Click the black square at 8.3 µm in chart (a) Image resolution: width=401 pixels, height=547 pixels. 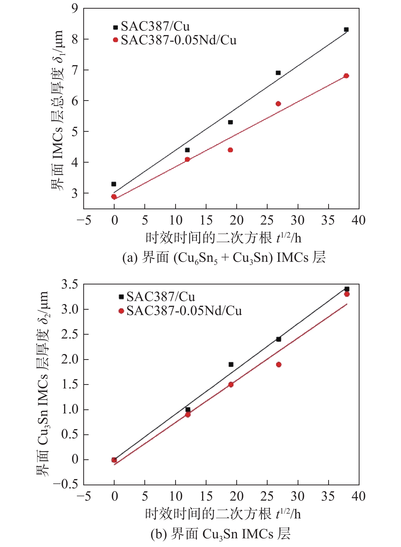click(x=346, y=30)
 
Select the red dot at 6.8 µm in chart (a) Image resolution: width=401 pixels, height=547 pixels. click(x=346, y=76)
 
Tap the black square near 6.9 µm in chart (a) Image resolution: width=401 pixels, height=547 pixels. click(x=278, y=73)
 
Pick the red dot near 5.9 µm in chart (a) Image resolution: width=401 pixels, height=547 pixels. click(x=278, y=104)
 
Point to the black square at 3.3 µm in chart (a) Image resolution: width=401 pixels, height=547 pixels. click(x=114, y=184)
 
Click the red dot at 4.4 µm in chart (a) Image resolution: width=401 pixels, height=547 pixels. click(x=230, y=150)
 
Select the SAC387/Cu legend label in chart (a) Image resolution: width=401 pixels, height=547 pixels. click(x=155, y=26)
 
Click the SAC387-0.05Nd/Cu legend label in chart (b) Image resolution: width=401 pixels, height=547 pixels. click(x=184, y=311)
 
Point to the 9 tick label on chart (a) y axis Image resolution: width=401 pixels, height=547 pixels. click(x=75, y=8)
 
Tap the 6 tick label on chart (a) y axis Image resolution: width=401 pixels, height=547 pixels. click(x=75, y=101)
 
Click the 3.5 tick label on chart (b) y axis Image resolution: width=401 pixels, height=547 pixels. click(x=70, y=284)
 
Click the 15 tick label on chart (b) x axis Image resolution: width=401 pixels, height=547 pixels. click(x=206, y=496)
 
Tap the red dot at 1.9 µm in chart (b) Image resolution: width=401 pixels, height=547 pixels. click(x=279, y=364)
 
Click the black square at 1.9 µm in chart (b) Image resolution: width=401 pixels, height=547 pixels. click(x=231, y=364)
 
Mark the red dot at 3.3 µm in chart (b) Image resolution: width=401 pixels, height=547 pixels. click(x=347, y=294)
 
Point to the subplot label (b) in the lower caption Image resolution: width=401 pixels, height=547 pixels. click(x=158, y=534)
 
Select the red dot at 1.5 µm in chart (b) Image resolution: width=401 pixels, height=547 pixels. click(x=231, y=385)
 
